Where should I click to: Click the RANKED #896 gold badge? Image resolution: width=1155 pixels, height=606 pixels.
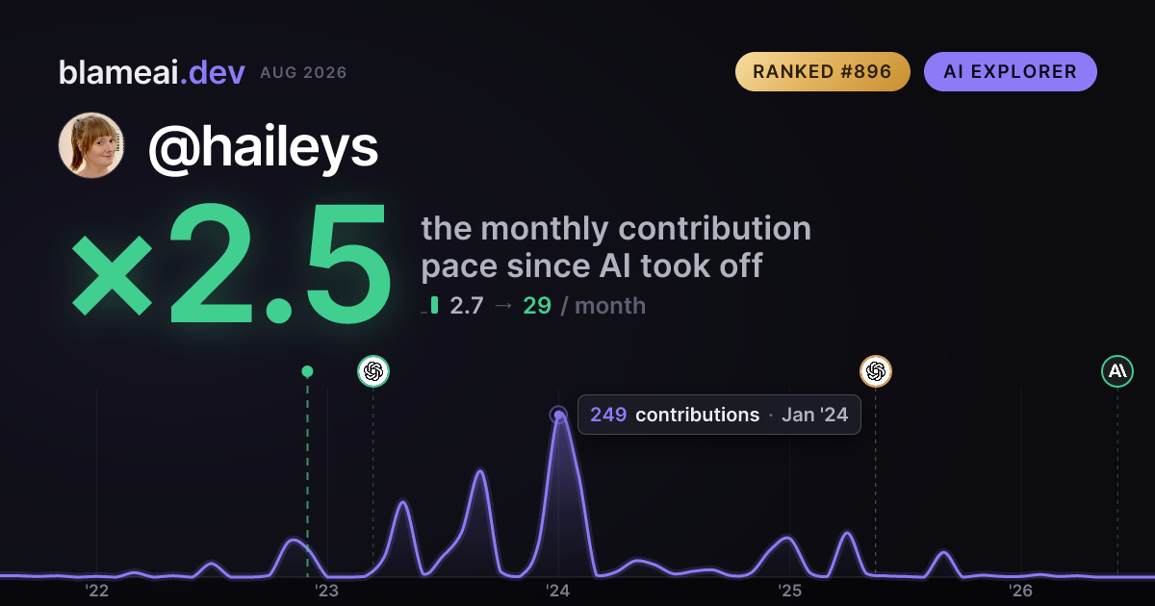point(822,71)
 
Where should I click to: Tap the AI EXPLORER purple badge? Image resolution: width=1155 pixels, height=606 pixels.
point(1010,71)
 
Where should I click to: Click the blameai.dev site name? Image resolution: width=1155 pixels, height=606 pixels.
point(152,73)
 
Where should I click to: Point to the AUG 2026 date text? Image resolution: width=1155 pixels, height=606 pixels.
point(303,73)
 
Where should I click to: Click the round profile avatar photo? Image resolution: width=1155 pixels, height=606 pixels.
point(91,145)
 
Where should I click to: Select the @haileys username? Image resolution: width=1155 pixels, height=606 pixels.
point(264,147)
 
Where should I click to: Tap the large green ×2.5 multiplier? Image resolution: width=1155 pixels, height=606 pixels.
point(230,264)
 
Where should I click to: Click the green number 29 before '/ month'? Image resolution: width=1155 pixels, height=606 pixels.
point(537,306)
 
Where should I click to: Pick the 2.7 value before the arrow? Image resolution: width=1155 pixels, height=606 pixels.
point(467,306)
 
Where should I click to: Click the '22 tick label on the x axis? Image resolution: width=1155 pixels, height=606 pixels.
point(96,591)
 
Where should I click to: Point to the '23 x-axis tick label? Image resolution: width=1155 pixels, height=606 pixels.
point(327,591)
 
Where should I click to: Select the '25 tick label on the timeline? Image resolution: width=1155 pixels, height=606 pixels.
point(789,591)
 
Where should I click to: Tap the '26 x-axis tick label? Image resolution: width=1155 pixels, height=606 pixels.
point(1020,591)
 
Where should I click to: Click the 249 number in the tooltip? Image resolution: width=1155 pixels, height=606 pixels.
point(608,415)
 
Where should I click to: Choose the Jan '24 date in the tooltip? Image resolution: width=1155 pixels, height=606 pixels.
point(814,415)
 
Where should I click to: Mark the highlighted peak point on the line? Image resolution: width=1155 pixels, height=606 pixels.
point(558,415)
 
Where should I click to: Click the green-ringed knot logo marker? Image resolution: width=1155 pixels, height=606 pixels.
point(373,371)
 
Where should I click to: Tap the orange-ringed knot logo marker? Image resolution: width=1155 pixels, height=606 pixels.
point(876,371)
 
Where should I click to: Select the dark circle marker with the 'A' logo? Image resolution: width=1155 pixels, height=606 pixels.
point(1117,371)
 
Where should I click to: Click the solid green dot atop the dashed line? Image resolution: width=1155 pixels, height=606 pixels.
point(307,371)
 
